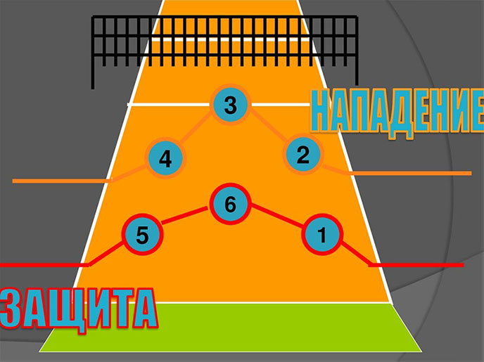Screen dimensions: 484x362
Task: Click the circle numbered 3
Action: click(x=230, y=105)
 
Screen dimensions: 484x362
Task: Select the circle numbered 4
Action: click(x=165, y=159)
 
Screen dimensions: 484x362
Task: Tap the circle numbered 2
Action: click(x=303, y=154)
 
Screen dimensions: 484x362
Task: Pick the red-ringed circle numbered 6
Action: click(x=230, y=204)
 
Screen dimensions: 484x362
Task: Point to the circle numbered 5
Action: click(x=142, y=235)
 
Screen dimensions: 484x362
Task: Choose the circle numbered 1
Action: click(x=322, y=234)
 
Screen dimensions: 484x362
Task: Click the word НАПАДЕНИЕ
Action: click(x=397, y=113)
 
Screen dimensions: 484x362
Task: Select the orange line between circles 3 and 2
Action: click(x=268, y=127)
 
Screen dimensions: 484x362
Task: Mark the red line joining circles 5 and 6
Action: click(x=185, y=215)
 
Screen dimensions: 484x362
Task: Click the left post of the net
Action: click(x=93, y=53)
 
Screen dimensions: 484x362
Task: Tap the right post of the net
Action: click(x=357, y=51)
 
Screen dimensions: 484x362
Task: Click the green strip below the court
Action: click(x=230, y=328)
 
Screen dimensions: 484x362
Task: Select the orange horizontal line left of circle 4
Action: click(x=62, y=181)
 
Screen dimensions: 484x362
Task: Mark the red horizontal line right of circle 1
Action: click(x=416, y=265)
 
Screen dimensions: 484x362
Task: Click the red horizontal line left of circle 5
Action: click(x=45, y=265)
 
